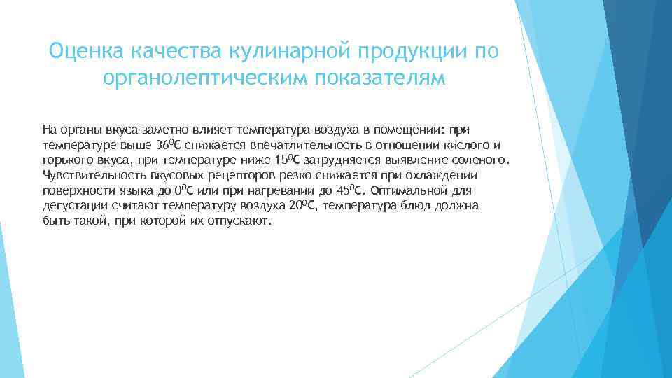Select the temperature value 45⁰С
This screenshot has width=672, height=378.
347,190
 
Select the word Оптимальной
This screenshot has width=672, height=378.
412,190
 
